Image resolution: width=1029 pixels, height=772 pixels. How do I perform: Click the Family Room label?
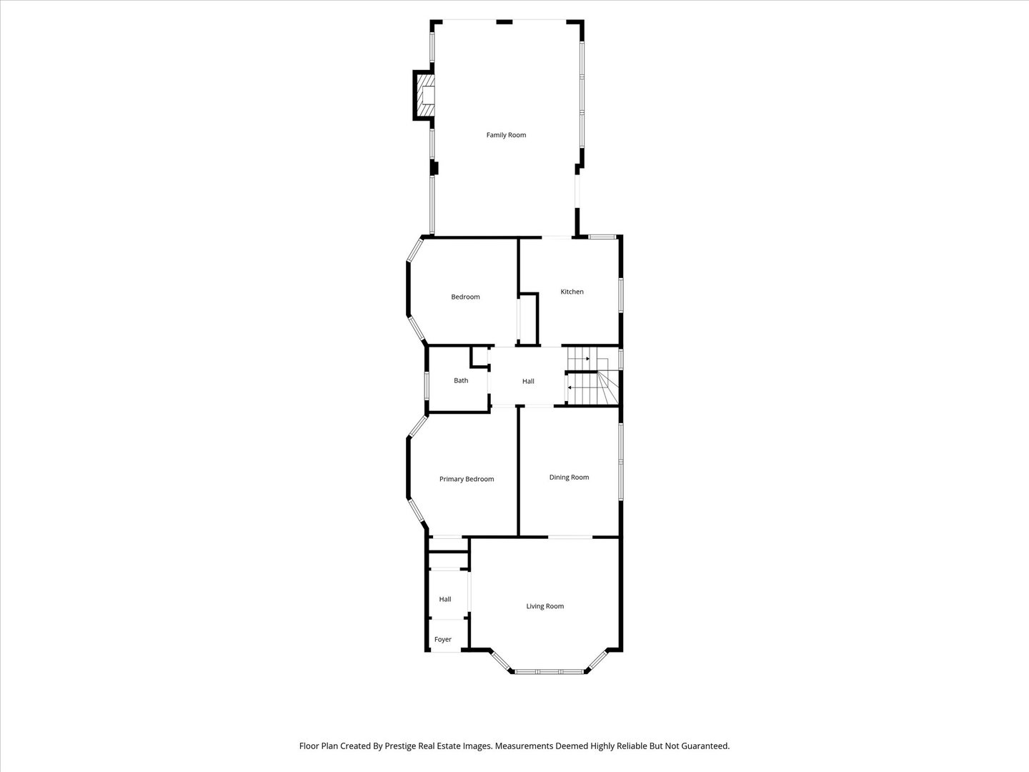506,135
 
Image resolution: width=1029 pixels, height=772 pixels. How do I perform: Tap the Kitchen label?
572,292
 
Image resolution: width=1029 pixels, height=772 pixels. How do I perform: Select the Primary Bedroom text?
467,479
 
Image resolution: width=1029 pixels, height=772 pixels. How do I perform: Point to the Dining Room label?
569,477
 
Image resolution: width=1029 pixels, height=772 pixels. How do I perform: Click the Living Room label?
545,606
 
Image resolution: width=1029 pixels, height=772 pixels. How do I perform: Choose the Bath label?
461,380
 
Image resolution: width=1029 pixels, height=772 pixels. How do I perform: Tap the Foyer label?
443,639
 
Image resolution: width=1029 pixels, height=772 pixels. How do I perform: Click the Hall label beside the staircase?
528,381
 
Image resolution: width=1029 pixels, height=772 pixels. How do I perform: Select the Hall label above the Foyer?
445,599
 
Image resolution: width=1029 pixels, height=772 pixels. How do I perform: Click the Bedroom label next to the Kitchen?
465,297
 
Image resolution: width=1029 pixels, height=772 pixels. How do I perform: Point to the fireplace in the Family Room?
424,96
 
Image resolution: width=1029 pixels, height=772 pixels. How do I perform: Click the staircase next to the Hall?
593,376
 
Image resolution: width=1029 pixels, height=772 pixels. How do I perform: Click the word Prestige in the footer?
402,746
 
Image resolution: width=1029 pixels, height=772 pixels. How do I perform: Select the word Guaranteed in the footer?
705,746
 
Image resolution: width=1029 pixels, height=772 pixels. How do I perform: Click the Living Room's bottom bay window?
550,672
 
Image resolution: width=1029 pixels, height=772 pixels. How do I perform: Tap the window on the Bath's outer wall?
427,385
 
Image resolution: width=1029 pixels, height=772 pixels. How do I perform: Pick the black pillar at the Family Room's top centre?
504,21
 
